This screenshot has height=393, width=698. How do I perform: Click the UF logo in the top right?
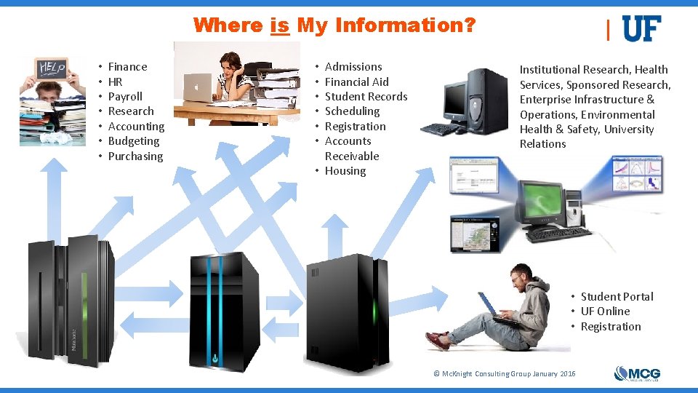pyautogui.click(x=641, y=29)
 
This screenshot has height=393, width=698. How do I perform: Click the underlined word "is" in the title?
pyautogui.click(x=280, y=26)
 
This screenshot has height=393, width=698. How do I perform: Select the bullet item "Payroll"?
pyautogui.click(x=125, y=97)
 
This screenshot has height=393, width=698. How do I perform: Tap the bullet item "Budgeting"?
pyautogui.click(x=133, y=141)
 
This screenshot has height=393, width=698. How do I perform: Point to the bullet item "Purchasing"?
pyautogui.click(x=135, y=156)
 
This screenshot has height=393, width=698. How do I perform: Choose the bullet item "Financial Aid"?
pyautogui.click(x=356, y=82)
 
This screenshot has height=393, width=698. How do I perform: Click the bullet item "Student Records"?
pyautogui.click(x=366, y=97)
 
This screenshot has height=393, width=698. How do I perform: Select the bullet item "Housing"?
pyautogui.click(x=345, y=171)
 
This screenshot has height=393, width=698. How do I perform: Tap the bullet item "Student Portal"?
pyautogui.click(x=617, y=297)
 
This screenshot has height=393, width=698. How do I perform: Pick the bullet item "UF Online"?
pyautogui.click(x=605, y=311)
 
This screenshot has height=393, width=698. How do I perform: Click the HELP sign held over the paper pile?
pyautogui.click(x=51, y=69)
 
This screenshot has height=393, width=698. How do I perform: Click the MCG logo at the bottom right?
pyautogui.click(x=637, y=373)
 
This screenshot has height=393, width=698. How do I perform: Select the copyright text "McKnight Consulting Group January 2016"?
pyautogui.click(x=505, y=374)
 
